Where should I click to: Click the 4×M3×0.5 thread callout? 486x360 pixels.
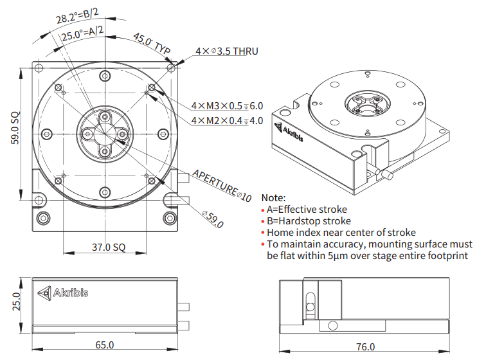pyautogui.click(x=227, y=105)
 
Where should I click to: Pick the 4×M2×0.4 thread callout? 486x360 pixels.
pyautogui.click(x=227, y=120)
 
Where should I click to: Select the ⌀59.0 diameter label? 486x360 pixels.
pyautogui.click(x=212, y=219)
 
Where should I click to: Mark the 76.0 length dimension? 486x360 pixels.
pyautogui.click(x=364, y=346)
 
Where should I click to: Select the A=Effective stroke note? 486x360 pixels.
pyautogui.click(x=307, y=210)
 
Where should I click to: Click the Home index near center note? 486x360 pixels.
pyautogui.click(x=341, y=233)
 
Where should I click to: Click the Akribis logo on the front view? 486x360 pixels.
pyautogui.click(x=64, y=293)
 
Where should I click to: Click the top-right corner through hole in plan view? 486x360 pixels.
pyautogui.click(x=170, y=67)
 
